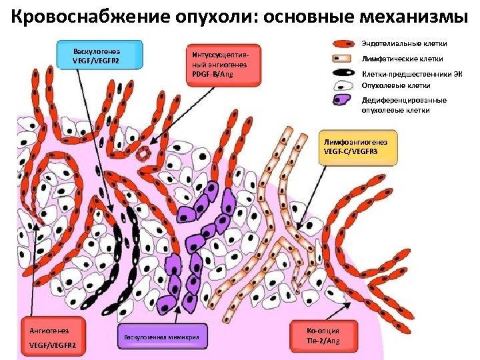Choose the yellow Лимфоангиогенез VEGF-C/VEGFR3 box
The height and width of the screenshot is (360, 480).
[x=359, y=147]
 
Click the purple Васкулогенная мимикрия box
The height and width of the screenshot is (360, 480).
[x=162, y=338]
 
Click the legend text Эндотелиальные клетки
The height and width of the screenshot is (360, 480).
[x=404, y=44]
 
